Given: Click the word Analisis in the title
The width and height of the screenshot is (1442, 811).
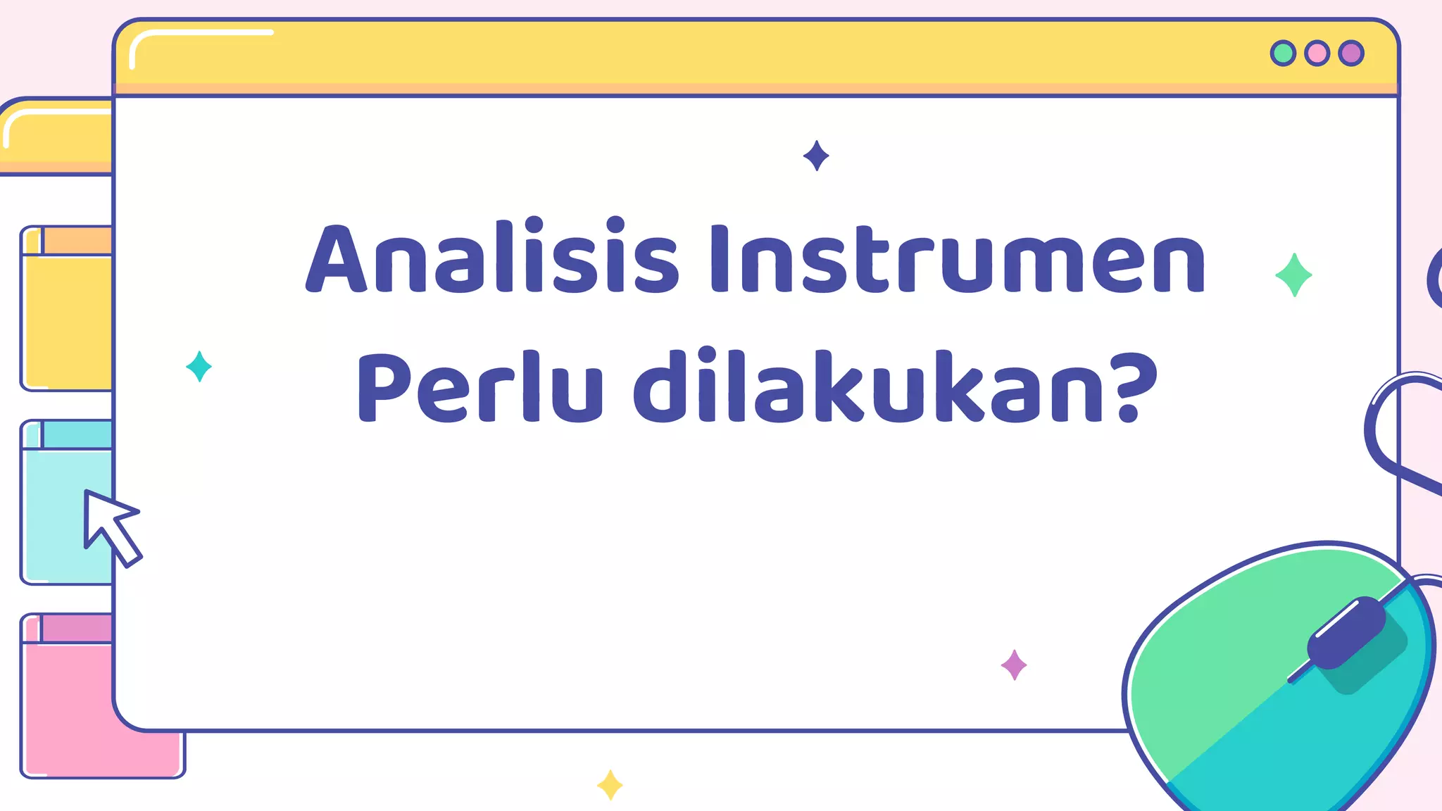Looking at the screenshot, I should (491, 258).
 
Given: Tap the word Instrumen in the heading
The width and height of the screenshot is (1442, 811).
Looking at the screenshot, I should (958, 259).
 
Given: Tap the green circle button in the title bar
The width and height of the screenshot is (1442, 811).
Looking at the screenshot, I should (1283, 54).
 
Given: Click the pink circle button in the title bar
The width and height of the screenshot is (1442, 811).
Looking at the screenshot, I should (1317, 54).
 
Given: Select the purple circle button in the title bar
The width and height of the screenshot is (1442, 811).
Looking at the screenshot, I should (1351, 54).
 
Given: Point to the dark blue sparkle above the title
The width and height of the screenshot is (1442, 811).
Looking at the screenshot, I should (816, 156).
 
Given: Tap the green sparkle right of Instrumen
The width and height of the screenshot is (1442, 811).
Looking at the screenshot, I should (1293, 275).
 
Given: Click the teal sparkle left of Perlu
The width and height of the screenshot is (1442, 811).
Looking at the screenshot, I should (199, 366).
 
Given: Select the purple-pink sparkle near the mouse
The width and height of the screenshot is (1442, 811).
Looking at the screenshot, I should (1014, 665).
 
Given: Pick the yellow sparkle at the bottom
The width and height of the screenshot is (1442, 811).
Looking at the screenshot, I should (610, 784).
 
